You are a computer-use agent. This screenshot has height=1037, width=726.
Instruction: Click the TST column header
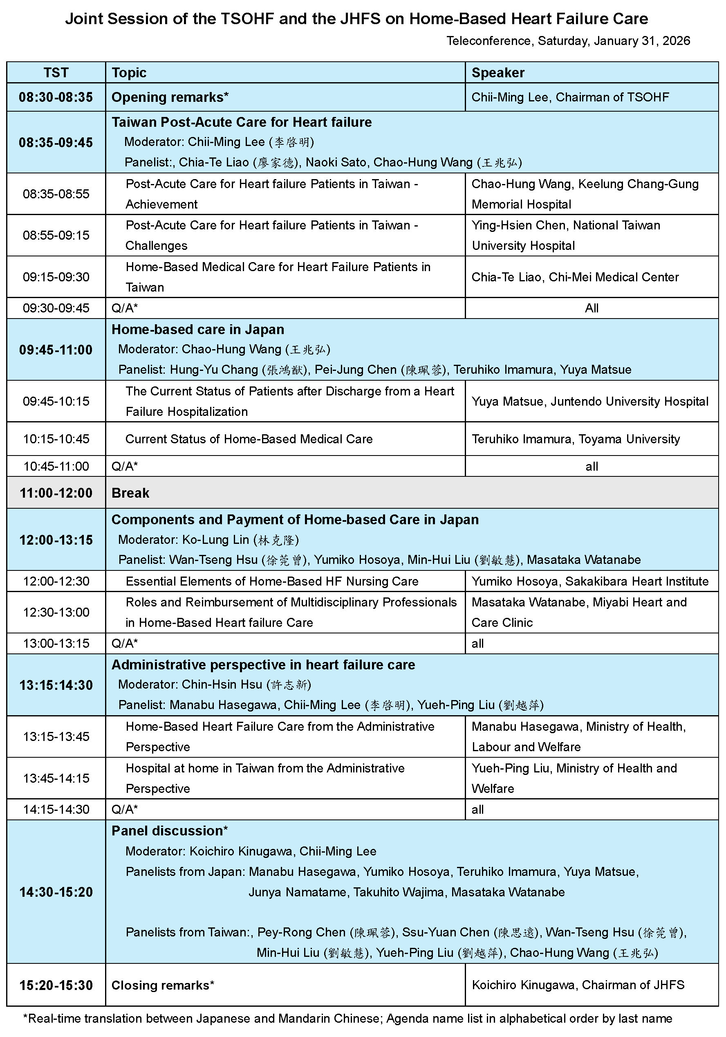click(x=56, y=73)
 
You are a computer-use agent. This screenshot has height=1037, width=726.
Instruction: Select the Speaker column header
click(x=497, y=73)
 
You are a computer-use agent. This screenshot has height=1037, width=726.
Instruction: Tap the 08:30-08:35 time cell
click(x=56, y=97)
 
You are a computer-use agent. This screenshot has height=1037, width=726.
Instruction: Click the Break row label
click(x=130, y=493)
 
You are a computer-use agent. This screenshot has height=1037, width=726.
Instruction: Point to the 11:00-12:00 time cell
click(x=56, y=493)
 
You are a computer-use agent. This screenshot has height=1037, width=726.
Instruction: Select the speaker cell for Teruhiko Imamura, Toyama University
click(x=576, y=439)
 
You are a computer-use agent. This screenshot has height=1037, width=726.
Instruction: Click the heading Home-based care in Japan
click(x=198, y=330)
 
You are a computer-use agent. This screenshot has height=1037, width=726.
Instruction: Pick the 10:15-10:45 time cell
click(x=56, y=439)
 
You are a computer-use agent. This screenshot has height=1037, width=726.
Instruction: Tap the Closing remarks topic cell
click(x=163, y=985)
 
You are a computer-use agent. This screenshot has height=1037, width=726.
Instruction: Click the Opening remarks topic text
click(x=170, y=97)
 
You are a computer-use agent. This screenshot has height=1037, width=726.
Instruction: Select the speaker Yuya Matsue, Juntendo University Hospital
click(x=589, y=402)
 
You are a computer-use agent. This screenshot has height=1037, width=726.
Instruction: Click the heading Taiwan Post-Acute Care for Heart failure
click(x=242, y=122)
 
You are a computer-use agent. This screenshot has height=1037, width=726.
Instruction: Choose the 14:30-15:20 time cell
click(x=56, y=892)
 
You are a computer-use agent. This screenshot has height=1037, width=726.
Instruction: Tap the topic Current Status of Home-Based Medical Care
click(x=249, y=439)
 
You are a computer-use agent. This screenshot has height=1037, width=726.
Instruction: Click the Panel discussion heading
click(x=169, y=831)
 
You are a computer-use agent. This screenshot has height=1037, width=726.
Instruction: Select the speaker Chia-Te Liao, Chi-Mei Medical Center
click(x=575, y=277)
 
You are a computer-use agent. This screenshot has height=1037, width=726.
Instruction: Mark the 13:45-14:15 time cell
click(x=56, y=778)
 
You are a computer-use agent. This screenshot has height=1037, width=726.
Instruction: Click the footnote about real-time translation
click(x=347, y=1019)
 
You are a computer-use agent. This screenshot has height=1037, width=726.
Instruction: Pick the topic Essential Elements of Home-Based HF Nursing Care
click(x=272, y=581)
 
